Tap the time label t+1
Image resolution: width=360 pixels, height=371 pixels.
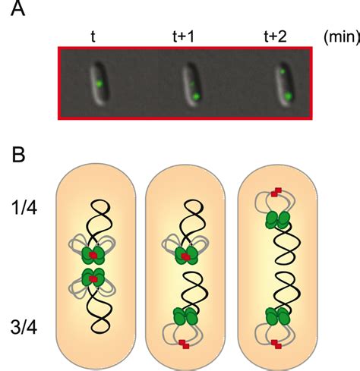click(x=180, y=35)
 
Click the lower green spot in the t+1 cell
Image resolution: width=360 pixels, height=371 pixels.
click(x=196, y=96)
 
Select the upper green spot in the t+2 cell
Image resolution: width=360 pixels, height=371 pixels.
click(x=282, y=71)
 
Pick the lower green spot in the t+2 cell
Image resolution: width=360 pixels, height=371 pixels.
click(x=289, y=96)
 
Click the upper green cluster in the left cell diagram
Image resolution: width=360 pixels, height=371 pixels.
click(x=93, y=256)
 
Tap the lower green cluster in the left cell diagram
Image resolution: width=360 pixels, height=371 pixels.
click(x=93, y=278)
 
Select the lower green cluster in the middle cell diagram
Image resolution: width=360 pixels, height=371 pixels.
click(x=183, y=316)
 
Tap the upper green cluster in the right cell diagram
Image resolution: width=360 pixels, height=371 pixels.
click(x=276, y=220)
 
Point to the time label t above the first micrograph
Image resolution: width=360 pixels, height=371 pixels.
click(x=92, y=35)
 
